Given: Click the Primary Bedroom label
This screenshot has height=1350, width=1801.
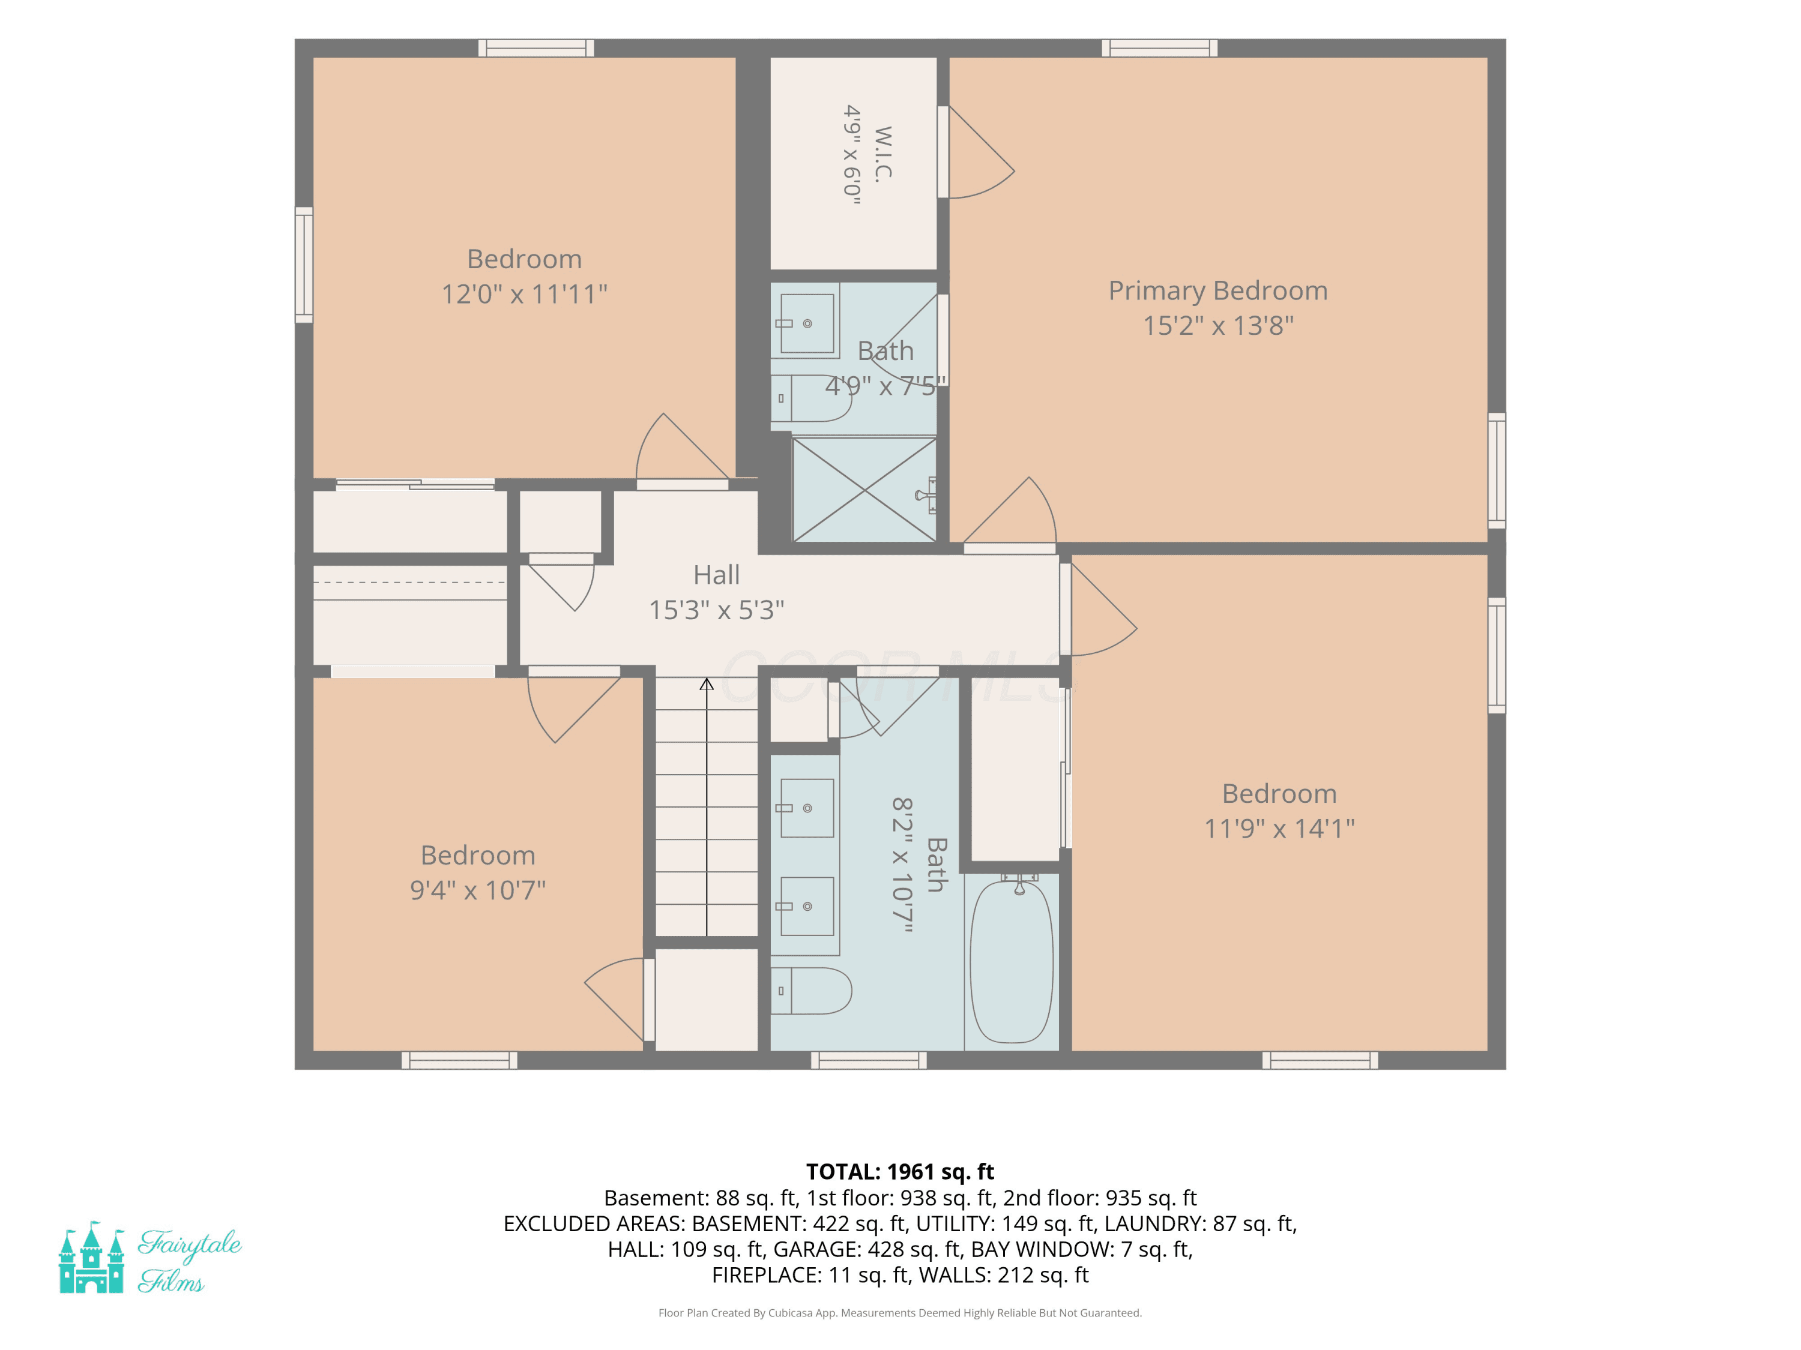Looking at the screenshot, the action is click(x=1218, y=290).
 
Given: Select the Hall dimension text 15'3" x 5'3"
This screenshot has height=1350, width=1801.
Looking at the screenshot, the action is click(x=716, y=610).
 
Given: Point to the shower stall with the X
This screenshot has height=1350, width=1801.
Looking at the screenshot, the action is click(x=864, y=490).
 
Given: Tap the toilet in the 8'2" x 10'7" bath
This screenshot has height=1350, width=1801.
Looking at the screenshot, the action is click(x=811, y=991).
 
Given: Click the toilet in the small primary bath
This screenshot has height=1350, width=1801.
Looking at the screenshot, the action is click(x=811, y=398).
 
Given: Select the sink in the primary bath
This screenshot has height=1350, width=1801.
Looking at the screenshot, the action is click(x=806, y=323).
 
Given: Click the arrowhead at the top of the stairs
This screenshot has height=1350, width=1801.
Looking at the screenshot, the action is click(x=707, y=685).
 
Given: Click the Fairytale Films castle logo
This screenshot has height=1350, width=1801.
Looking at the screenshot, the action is click(x=92, y=1257).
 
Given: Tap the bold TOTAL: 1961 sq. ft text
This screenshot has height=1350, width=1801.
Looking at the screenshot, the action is click(x=900, y=1172).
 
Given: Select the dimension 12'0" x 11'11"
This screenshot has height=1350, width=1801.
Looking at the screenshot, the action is click(x=524, y=294).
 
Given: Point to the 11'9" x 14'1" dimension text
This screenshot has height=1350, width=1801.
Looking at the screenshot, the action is click(x=1279, y=829).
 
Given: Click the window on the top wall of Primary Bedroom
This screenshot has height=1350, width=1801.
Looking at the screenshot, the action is click(x=1159, y=48).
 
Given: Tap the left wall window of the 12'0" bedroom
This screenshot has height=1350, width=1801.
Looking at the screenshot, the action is click(x=304, y=265).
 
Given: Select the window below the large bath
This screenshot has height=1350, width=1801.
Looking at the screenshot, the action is click(x=869, y=1060).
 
